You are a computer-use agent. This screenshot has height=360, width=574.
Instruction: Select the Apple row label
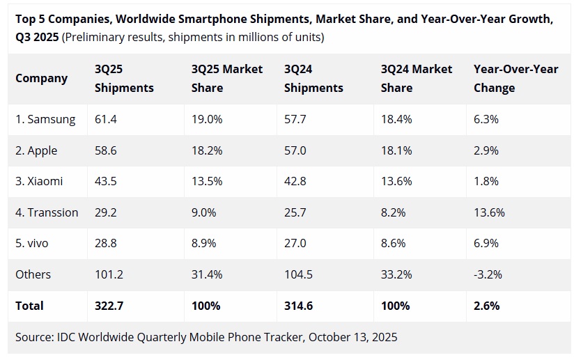tap(36, 150)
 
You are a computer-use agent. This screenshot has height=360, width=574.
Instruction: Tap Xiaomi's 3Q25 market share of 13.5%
tap(207, 182)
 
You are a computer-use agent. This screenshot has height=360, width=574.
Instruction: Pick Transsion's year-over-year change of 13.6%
tap(489, 212)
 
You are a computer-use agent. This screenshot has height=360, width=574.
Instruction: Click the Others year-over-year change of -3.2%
tap(488, 274)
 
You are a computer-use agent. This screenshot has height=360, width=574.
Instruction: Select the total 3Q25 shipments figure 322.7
tap(109, 306)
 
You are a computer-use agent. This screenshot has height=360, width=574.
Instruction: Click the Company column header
tap(42, 79)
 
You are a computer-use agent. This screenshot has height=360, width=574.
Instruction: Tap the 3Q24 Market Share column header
tap(417, 79)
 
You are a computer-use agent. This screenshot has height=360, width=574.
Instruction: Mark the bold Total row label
tap(29, 306)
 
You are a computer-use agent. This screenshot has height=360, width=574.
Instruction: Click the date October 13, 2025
tap(352, 338)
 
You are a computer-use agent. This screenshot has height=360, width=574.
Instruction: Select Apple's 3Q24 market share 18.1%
tap(396, 150)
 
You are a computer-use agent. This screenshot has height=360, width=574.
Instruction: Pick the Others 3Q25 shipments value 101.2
tap(109, 274)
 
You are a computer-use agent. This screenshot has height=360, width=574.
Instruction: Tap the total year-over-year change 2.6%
tap(486, 306)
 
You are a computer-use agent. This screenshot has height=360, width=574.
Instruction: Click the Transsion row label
tap(47, 212)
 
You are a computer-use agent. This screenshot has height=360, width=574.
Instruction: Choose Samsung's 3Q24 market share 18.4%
tap(396, 120)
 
